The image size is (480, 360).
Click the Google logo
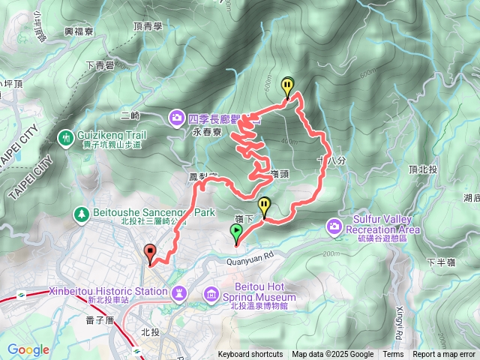28,349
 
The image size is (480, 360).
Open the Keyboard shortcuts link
250,355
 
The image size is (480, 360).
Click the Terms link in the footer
393,355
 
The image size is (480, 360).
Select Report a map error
445,355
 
